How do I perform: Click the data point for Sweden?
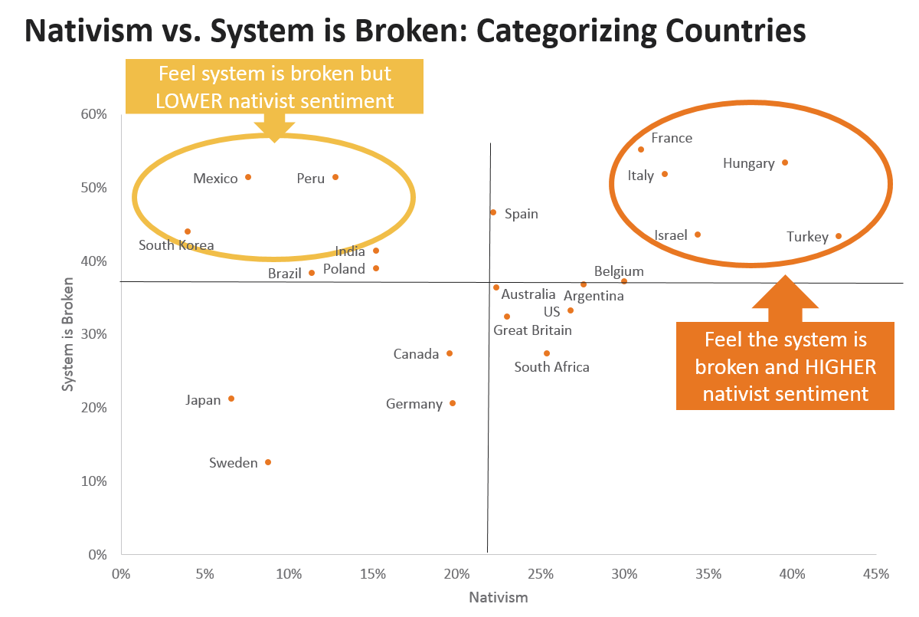pyautogui.click(x=268, y=462)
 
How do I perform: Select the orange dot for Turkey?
pyautogui.click(x=839, y=236)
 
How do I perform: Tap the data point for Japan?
pyautogui.click(x=231, y=399)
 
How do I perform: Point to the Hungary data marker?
pyautogui.click(x=785, y=162)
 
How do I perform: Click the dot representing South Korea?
pyautogui.click(x=188, y=231)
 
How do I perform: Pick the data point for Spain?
pyautogui.click(x=493, y=212)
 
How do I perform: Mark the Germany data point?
pyautogui.click(x=453, y=403)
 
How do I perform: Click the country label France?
pyautogui.click(x=672, y=138)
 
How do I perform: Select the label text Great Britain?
pyautogui.click(x=532, y=330)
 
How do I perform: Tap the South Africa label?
pyautogui.click(x=551, y=367)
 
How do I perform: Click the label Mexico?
pyautogui.click(x=215, y=179)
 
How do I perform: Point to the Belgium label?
pyautogui.click(x=619, y=271)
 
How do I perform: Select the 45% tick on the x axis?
pyautogui.click(x=876, y=574)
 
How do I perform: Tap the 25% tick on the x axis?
pyautogui.click(x=541, y=574)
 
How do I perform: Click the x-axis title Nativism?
pyautogui.click(x=498, y=598)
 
